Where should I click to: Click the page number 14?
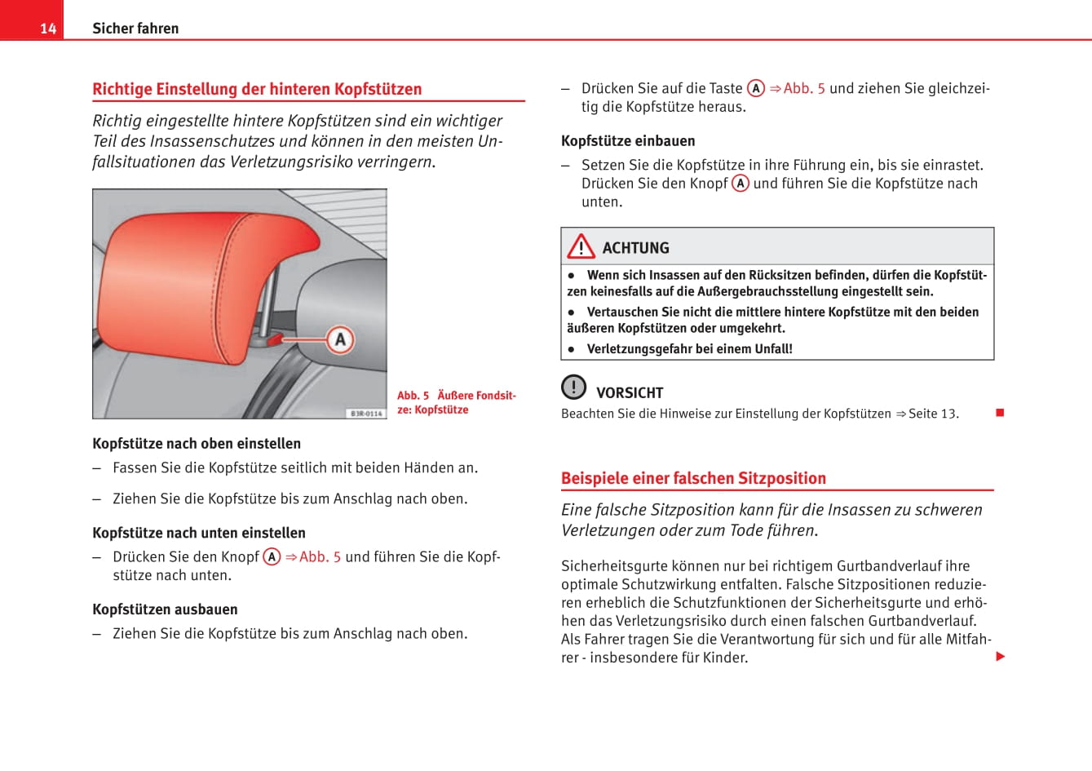pyautogui.click(x=48, y=29)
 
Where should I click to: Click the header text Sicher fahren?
pyautogui.click(x=135, y=29)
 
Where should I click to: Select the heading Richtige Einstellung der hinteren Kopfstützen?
pyautogui.click(x=257, y=89)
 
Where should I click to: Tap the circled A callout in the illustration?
pyautogui.click(x=340, y=339)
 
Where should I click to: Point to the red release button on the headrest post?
pyautogui.click(x=275, y=337)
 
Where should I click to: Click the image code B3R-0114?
pyautogui.click(x=366, y=414)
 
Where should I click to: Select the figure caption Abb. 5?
pyautogui.click(x=413, y=396)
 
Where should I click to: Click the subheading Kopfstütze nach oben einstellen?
pyautogui.click(x=197, y=444)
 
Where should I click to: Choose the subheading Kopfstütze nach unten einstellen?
pyautogui.click(x=199, y=533)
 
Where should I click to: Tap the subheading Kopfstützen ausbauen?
pyautogui.click(x=165, y=609)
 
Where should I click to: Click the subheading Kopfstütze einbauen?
pyautogui.click(x=628, y=141)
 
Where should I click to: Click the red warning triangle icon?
pyautogui.click(x=581, y=246)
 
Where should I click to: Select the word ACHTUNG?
pyautogui.click(x=635, y=248)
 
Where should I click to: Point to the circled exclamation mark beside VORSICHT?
pyautogui.click(x=574, y=387)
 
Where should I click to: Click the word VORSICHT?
pyautogui.click(x=630, y=392)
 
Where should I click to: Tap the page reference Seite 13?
pyautogui.click(x=932, y=414)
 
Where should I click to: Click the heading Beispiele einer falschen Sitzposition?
pyautogui.click(x=693, y=479)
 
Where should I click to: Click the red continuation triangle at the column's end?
pyautogui.click(x=1001, y=657)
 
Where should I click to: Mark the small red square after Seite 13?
pyautogui.click(x=1000, y=413)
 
